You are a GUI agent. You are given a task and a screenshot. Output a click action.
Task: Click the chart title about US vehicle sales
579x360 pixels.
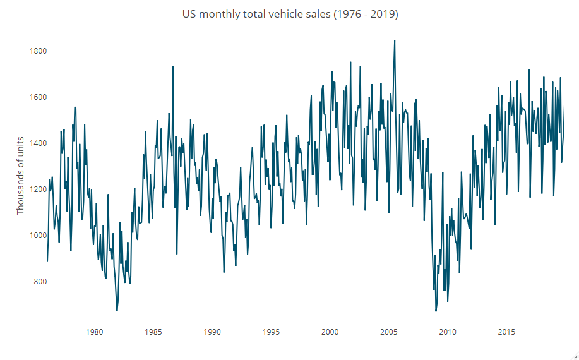click(290, 14)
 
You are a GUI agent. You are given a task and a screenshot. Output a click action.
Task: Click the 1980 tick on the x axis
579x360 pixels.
click(94, 332)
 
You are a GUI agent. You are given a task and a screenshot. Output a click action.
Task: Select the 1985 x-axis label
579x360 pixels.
click(153, 332)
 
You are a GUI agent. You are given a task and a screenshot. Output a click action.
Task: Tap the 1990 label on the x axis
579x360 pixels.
click(212, 332)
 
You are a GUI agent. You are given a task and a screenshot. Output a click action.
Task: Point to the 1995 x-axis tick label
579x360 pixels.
click(271, 332)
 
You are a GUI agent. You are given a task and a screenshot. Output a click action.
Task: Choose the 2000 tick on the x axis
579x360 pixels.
click(330, 332)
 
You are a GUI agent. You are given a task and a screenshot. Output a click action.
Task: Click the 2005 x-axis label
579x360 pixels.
click(388, 332)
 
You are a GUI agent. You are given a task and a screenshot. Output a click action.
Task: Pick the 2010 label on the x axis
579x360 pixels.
click(448, 332)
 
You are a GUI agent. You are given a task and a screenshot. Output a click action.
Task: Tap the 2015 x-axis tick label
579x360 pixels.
click(506, 332)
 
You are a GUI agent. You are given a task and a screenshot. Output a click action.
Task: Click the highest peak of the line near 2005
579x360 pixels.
click(395, 41)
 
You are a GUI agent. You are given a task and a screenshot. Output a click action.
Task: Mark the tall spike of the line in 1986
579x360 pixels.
click(172, 66)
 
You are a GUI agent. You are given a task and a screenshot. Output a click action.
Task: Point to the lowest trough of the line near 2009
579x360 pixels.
click(436, 311)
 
